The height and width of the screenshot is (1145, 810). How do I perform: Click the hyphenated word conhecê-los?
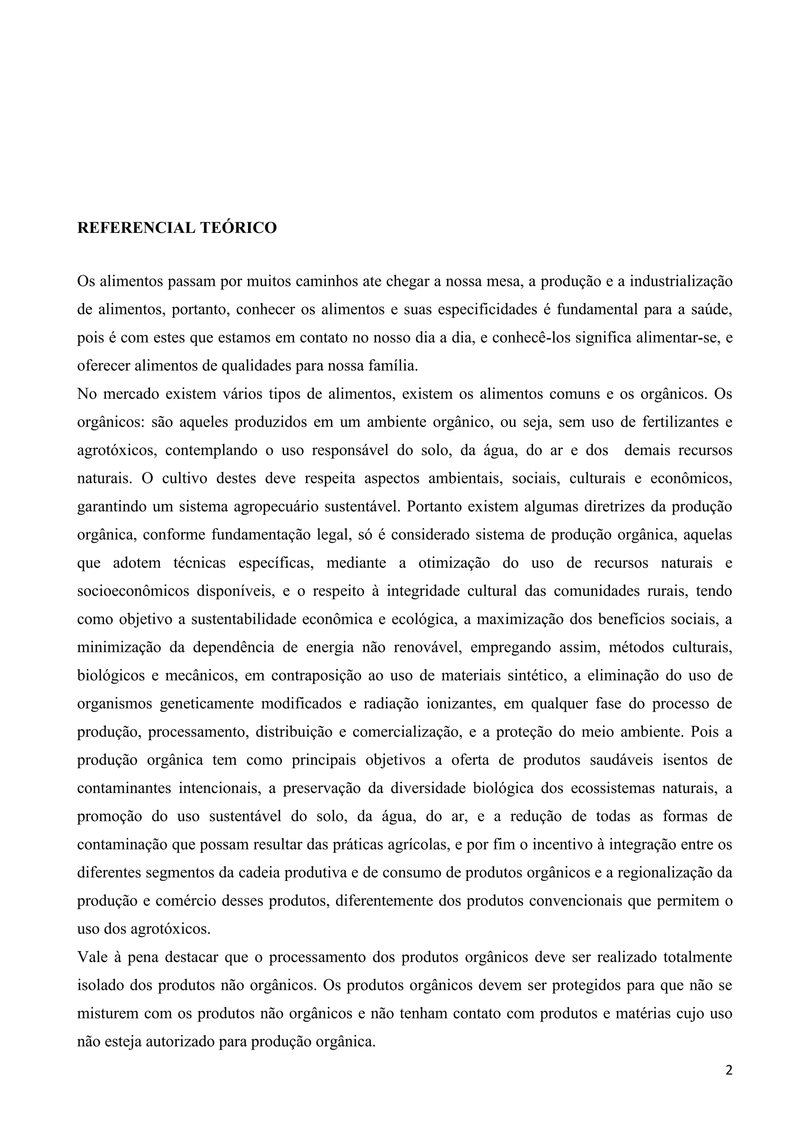[531, 338]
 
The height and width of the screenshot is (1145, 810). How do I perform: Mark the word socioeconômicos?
[133, 591]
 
